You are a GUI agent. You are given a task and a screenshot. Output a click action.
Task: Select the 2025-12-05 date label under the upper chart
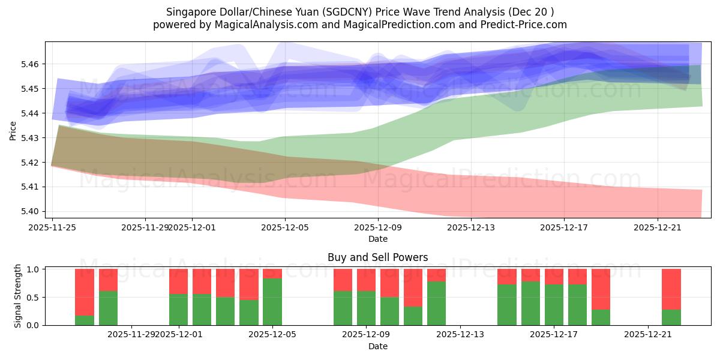click(285, 227)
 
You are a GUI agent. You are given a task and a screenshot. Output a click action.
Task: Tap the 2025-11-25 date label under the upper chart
click(52, 227)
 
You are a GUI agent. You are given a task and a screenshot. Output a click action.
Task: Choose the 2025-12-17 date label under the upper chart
click(563, 227)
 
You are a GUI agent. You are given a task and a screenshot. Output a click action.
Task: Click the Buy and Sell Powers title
click(378, 257)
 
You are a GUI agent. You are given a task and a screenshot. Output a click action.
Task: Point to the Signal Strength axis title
click(18, 295)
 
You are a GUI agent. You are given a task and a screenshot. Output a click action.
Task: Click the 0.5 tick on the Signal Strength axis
click(34, 298)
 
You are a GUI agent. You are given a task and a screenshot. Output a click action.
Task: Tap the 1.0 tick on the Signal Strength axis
click(34, 269)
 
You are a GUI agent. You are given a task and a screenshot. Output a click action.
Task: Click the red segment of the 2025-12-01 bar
click(179, 281)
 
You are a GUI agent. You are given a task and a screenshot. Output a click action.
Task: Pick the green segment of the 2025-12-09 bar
click(367, 308)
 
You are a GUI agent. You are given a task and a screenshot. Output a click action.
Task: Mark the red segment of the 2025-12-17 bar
click(554, 276)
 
